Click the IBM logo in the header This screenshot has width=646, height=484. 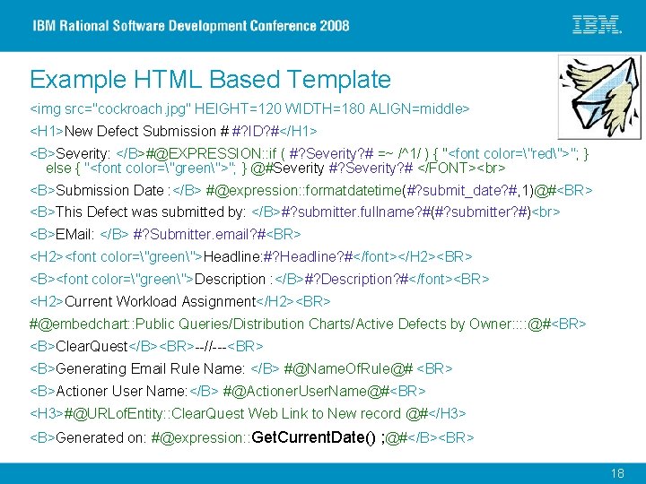point(597,25)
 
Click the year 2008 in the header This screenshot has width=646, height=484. point(331,25)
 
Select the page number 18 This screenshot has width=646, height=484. point(617,473)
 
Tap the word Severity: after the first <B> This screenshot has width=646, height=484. point(83,153)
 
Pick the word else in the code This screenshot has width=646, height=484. point(58,168)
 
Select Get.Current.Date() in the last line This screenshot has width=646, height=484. point(315,437)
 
